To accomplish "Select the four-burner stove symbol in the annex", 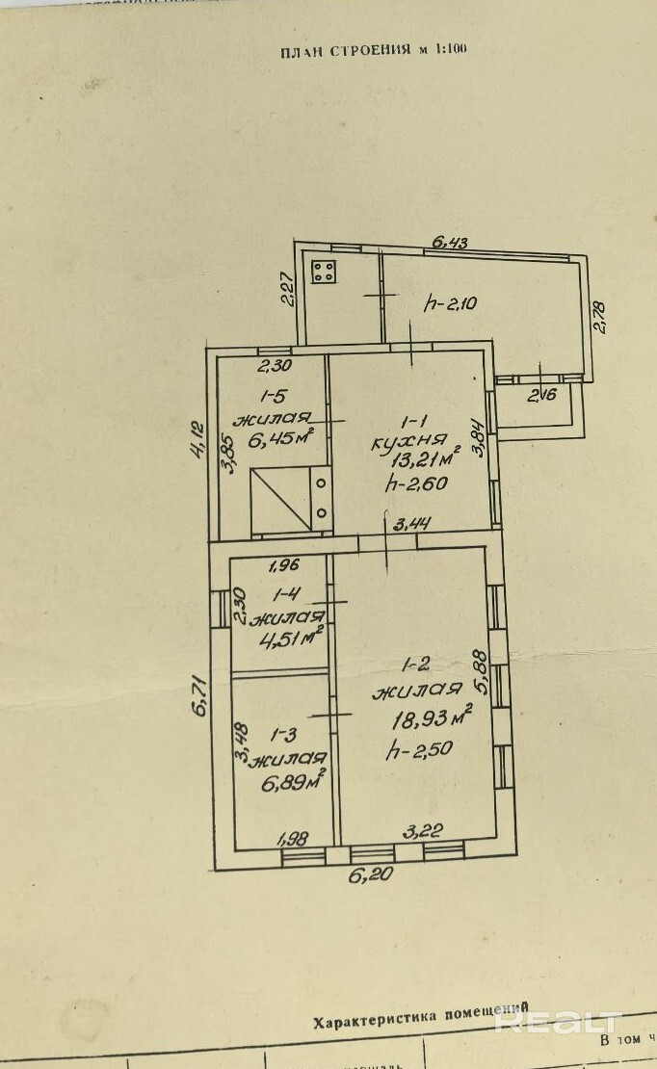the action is [324, 273].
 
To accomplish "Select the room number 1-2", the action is [415, 665].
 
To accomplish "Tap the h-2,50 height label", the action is [419, 749].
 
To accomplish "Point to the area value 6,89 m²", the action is [293, 782].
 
